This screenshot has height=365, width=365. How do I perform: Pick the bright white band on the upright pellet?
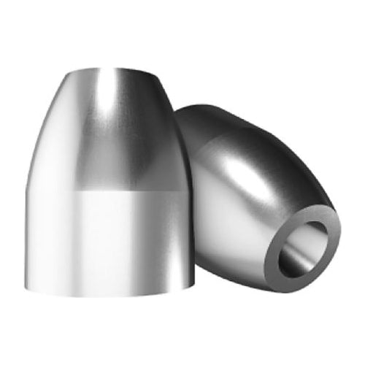coord(109,234)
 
